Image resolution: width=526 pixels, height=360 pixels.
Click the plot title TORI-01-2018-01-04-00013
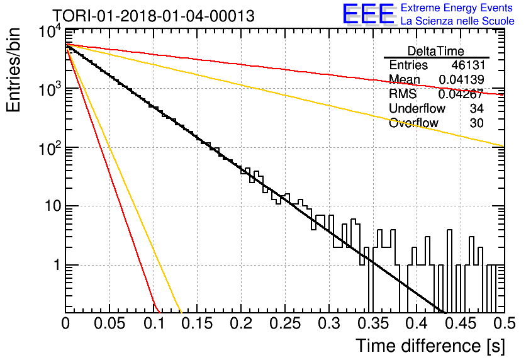tap(154, 16)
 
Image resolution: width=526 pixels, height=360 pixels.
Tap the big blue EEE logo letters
tap(369, 14)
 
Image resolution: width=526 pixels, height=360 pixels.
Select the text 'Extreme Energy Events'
tap(457, 8)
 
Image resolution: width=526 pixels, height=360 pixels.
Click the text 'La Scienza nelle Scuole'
tap(457, 21)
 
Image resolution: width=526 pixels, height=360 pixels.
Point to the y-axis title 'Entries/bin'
tap(13, 70)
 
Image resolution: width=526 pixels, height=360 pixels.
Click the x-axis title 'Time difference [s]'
tap(430, 346)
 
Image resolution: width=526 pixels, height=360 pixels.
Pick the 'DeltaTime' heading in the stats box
tap(436, 51)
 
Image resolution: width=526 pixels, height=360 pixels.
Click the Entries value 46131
tap(468, 65)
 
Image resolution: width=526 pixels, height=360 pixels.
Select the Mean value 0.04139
tap(461, 79)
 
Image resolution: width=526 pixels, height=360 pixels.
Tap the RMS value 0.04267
tap(461, 94)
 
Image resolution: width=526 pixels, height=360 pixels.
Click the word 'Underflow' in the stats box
tap(417, 108)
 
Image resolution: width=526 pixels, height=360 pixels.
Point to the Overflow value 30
tap(477, 123)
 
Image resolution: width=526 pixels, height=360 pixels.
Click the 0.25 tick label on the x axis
tap(285, 323)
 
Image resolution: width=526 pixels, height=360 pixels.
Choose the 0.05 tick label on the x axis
tap(109, 323)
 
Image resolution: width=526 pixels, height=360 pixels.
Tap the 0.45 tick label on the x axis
tap(461, 323)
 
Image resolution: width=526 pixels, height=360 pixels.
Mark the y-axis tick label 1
tap(57, 265)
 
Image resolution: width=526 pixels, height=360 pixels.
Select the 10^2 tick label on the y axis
tap(50, 148)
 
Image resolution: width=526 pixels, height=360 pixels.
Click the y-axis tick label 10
tap(53, 206)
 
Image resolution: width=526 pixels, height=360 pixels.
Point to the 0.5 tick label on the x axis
tap(505, 323)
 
